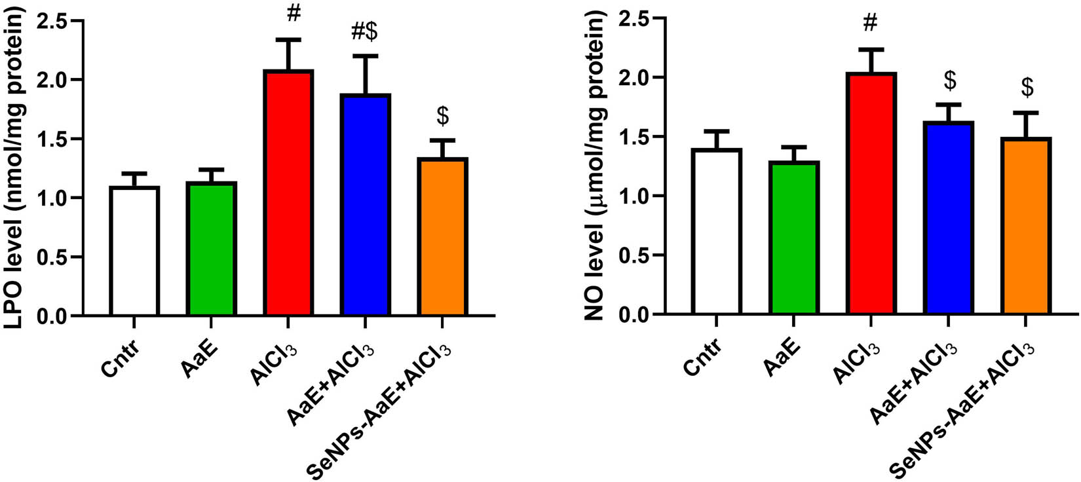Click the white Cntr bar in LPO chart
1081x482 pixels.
coord(134,251)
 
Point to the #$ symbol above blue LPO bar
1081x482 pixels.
coord(366,30)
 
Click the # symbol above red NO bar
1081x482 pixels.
coord(870,24)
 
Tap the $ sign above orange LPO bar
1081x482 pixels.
coord(443,116)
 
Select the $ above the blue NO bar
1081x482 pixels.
coord(949,81)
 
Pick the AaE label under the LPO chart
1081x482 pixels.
coord(199,359)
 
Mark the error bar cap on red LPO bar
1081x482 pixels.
coord(288,39)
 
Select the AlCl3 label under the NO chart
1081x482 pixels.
coord(857,362)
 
